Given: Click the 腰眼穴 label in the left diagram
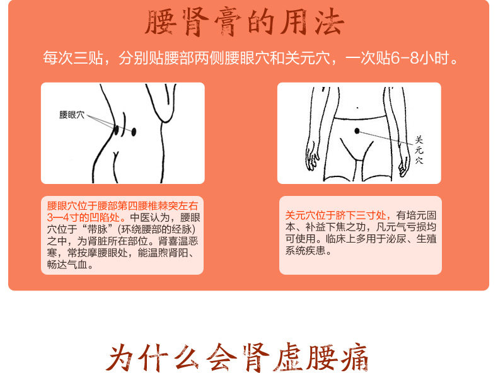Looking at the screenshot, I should tap(71, 115).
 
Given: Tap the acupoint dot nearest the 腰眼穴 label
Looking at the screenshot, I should tap(117, 130).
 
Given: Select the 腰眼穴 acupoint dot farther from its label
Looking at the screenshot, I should tap(134, 131).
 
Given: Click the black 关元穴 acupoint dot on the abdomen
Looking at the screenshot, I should tap(357, 130).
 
